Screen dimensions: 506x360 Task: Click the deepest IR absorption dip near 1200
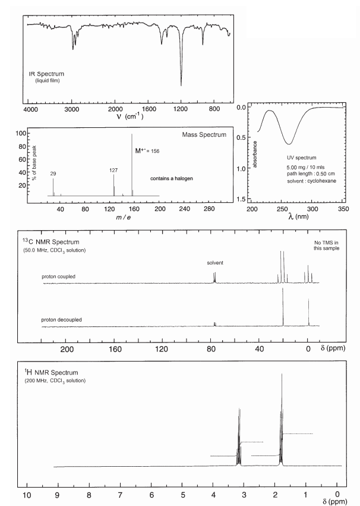pos(181,84)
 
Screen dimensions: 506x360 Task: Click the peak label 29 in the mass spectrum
pos(53,173)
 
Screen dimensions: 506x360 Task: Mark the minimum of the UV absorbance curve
pos(289,144)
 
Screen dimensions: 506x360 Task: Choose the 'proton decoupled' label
pos(62,320)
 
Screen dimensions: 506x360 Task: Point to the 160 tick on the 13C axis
pos(116,348)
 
